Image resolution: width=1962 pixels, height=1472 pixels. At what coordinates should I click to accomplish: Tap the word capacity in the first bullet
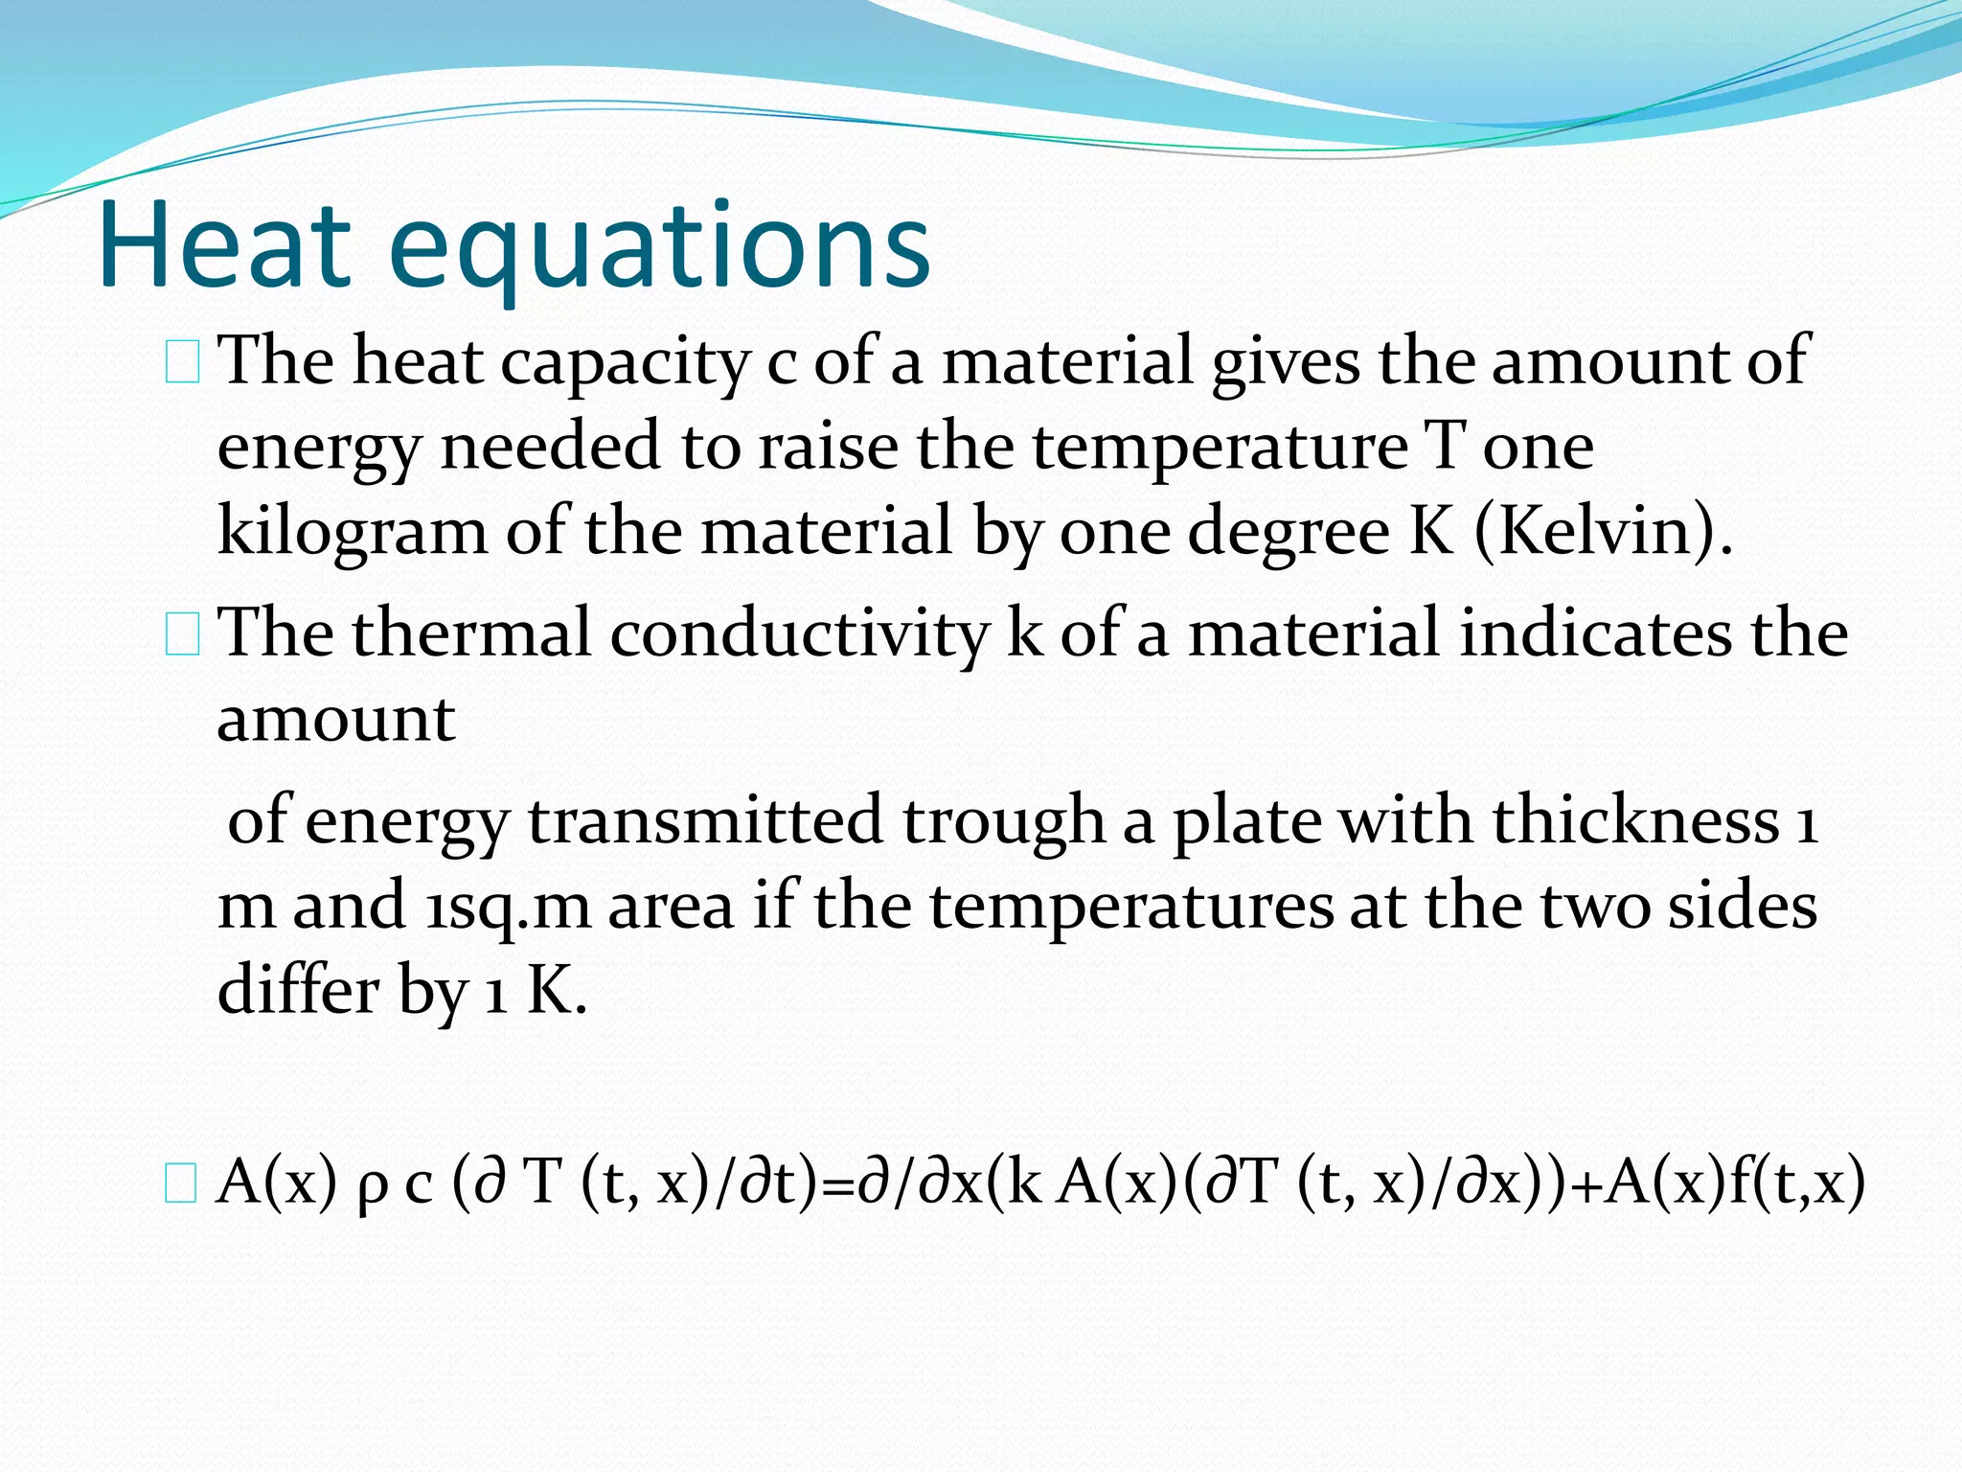coord(626,363)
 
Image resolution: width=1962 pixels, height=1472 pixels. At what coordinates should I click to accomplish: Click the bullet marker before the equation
coord(181,1184)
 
